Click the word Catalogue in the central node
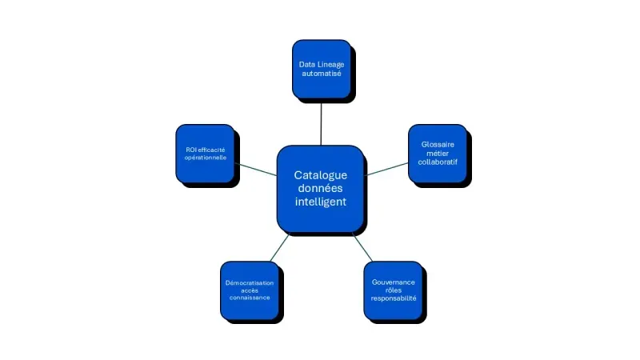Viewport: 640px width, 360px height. pyautogui.click(x=320, y=174)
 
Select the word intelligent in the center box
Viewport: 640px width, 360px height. pyautogui.click(x=320, y=202)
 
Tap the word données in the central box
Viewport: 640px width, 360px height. pyautogui.click(x=320, y=188)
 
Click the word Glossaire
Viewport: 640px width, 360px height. pyautogui.click(x=438, y=144)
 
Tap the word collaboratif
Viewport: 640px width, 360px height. pyautogui.click(x=438, y=162)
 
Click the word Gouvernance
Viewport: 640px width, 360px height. pyautogui.click(x=393, y=282)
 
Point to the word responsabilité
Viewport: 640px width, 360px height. pyautogui.click(x=393, y=298)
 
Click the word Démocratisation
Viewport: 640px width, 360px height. pyautogui.click(x=249, y=283)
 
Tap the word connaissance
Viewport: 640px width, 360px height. pyautogui.click(x=249, y=298)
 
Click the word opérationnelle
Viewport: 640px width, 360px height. pyautogui.click(x=206, y=158)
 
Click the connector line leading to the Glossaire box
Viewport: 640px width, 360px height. pyautogui.click(x=386, y=169)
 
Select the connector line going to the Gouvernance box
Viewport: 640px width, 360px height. pyautogui.click(x=362, y=247)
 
